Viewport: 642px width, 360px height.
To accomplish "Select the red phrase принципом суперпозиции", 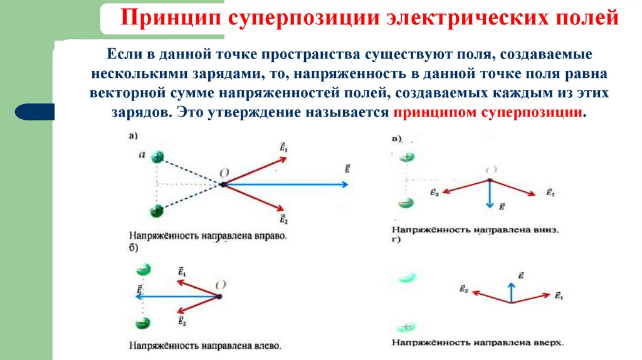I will pos(489,114).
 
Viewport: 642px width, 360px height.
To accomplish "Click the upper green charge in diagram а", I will pos(157,157).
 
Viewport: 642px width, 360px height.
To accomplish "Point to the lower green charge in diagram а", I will pos(157,211).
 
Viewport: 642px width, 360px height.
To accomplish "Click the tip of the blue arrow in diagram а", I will pos(348,184).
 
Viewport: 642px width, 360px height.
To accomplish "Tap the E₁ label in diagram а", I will pos(284,148).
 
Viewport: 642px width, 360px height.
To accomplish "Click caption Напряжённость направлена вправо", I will pos(208,237).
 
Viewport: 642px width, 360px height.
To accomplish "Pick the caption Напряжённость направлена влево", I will pos(205,345).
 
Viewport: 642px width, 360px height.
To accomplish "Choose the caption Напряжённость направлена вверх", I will pos(477,343).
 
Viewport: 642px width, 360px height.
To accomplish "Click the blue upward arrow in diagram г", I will pos(512,291).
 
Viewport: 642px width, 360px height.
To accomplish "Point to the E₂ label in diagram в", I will pos(434,194).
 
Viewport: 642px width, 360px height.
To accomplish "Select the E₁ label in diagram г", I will pos(559,295).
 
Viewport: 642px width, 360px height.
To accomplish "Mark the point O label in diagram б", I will pos(221,284).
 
